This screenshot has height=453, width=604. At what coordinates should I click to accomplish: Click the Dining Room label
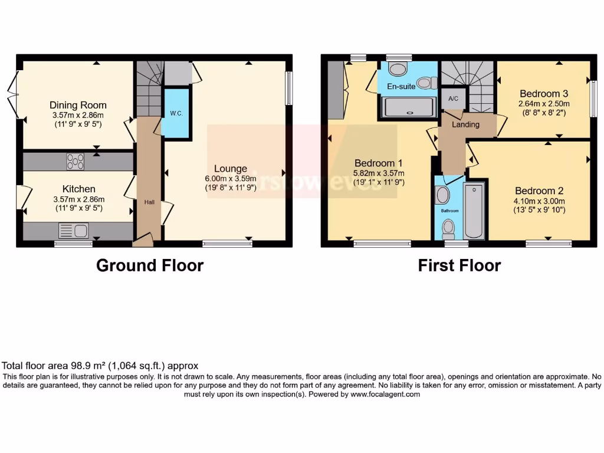tap(78, 105)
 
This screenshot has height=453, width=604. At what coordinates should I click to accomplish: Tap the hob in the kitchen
tap(75, 161)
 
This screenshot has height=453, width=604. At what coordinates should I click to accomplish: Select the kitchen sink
tap(74, 230)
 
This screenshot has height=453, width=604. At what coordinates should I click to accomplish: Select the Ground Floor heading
tap(150, 265)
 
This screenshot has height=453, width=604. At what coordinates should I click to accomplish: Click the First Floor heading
tap(459, 265)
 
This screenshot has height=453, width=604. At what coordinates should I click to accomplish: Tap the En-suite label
tap(401, 86)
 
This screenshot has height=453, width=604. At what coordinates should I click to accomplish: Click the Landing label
tap(465, 124)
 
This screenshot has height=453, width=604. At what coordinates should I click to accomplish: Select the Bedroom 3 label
tap(543, 93)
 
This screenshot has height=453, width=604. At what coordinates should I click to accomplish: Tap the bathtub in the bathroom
tap(474, 209)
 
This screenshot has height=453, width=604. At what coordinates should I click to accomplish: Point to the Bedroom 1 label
tap(378, 163)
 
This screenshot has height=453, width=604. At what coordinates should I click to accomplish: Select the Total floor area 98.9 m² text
tap(100, 366)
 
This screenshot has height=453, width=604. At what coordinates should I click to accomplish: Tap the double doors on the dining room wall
tap(15, 91)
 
